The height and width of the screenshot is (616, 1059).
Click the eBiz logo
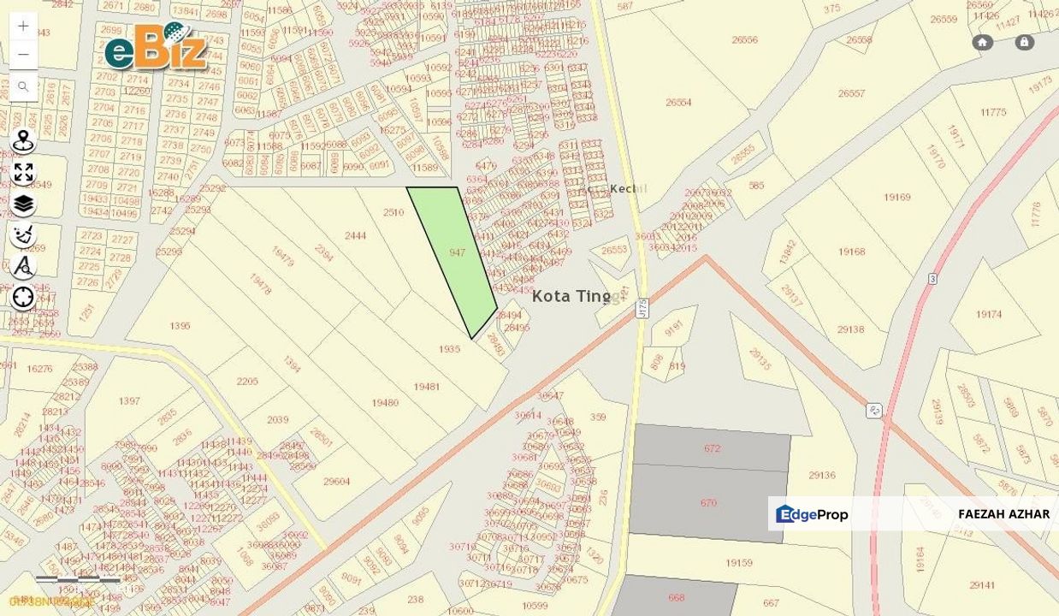157,47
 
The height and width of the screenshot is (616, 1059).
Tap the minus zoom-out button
23,55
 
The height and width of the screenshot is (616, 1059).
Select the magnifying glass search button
23,86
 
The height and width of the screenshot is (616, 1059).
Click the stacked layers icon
23,204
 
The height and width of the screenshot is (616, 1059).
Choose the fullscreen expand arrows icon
23,173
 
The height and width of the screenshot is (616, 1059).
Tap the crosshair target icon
23,297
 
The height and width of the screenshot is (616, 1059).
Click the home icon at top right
982,42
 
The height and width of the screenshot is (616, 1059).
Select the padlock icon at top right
1024,42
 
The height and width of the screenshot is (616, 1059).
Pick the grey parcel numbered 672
712,447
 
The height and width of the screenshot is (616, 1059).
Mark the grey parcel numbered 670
708,503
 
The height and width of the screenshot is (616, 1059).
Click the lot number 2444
355,235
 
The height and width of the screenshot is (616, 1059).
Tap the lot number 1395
180,325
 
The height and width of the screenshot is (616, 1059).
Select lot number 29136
821,475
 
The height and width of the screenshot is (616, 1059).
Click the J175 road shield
642,308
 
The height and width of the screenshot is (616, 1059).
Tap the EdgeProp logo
812,514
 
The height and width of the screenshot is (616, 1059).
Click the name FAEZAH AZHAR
1003,514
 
